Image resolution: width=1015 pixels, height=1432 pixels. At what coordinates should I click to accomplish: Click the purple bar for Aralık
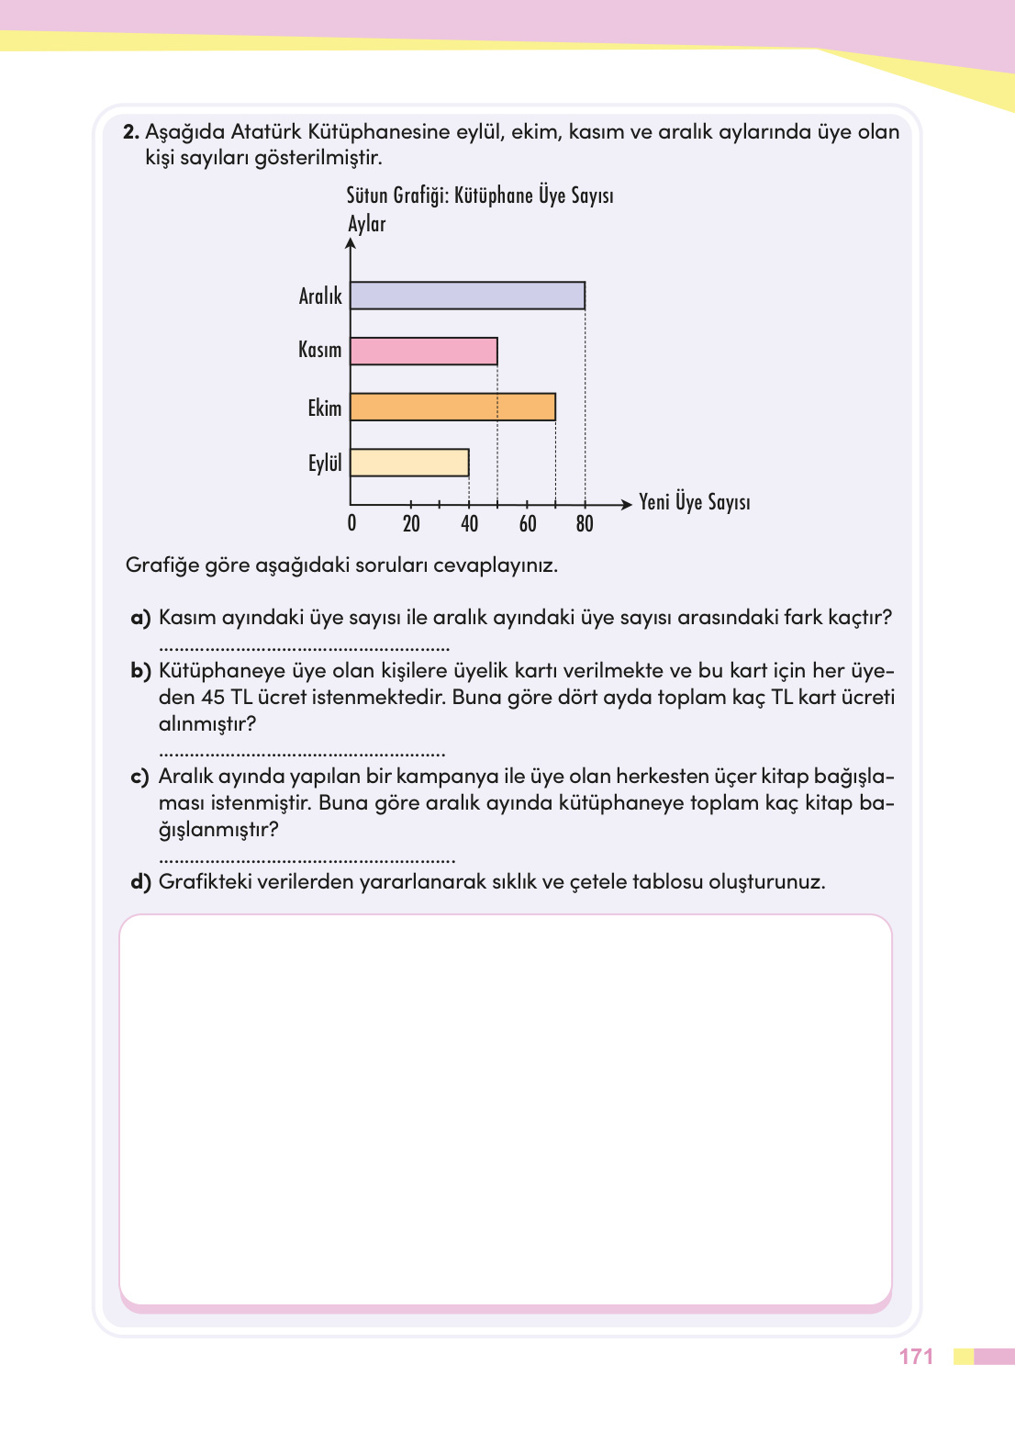[467, 296]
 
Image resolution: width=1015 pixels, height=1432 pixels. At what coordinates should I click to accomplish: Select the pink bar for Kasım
[424, 352]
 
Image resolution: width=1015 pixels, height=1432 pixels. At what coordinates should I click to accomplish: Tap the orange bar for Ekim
[452, 408]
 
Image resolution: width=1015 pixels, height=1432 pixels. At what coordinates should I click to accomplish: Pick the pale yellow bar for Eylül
[409, 463]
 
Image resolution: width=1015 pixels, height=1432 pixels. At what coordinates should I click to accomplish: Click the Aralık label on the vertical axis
[320, 296]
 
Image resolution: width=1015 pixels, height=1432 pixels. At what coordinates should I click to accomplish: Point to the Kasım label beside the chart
[319, 350]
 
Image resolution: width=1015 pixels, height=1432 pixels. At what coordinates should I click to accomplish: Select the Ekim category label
[324, 408]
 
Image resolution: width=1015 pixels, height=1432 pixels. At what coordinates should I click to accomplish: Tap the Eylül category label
[324, 463]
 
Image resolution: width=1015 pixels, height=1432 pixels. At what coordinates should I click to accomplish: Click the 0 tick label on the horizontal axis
[351, 523]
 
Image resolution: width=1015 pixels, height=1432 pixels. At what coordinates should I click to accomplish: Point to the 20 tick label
[411, 523]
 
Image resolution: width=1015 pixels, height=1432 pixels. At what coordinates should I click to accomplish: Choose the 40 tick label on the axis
[469, 523]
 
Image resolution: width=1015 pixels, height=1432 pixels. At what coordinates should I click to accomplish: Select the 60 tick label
[528, 523]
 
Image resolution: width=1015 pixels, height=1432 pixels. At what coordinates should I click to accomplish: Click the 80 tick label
[585, 523]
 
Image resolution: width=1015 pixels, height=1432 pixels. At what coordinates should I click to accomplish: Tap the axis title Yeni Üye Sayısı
[694, 502]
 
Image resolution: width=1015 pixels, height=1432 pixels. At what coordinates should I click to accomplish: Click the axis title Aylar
[366, 224]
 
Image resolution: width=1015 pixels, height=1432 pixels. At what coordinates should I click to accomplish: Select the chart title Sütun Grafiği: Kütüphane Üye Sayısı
[479, 196]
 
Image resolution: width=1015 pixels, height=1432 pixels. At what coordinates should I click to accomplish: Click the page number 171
[916, 1357]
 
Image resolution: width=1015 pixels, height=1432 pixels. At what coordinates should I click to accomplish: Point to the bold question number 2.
[130, 132]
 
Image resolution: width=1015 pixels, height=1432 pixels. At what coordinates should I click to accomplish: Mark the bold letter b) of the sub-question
[140, 671]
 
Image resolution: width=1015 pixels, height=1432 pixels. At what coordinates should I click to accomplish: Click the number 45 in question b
[213, 698]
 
